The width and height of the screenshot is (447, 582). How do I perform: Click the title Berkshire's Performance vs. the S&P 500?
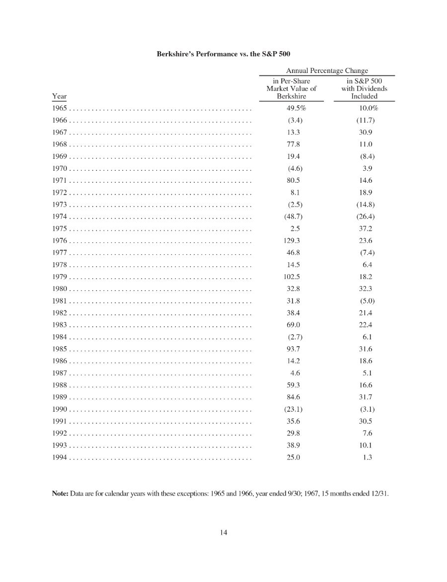pyautogui.click(x=223, y=53)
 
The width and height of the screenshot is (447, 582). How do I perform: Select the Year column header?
pyautogui.click(x=59, y=96)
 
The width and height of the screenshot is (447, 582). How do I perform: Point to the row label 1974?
pyautogui.click(x=59, y=217)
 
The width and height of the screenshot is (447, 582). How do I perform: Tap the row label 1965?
pyautogui.click(x=59, y=108)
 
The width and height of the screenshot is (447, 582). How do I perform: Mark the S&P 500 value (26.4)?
pyautogui.click(x=365, y=217)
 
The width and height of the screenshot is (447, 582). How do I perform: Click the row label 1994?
pyautogui.click(x=59, y=457)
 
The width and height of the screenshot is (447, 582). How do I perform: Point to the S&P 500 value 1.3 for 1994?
pyautogui.click(x=367, y=457)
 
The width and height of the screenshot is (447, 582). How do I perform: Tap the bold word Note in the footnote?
pyautogui.click(x=60, y=494)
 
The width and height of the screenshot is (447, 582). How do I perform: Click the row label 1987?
pyautogui.click(x=59, y=373)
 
